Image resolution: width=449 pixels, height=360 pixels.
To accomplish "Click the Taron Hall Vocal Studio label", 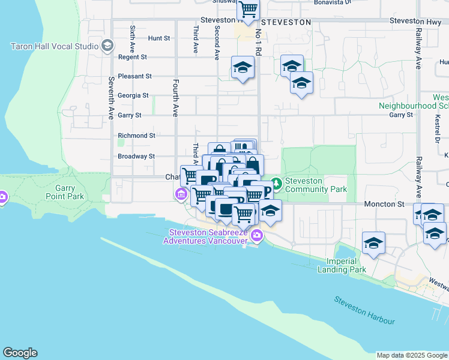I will [x=53, y=46].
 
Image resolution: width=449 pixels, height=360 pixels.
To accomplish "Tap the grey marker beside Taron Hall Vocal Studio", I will [x=107, y=46].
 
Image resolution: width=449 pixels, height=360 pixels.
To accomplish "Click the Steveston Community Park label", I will [x=316, y=185].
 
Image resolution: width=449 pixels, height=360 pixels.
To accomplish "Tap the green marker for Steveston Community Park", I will [x=276, y=182].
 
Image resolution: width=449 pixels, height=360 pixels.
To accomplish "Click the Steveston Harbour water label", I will [x=365, y=310].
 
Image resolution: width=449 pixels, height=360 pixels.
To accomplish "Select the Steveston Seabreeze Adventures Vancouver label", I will [x=208, y=237].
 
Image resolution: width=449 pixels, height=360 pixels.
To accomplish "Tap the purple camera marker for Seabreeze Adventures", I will [x=257, y=235].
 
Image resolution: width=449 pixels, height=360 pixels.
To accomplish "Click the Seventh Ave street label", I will [x=111, y=98].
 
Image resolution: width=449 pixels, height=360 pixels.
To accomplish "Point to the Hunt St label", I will [x=159, y=38].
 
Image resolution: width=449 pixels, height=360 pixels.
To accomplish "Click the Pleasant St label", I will [x=135, y=76].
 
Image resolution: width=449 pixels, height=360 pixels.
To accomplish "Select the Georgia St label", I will [x=133, y=95].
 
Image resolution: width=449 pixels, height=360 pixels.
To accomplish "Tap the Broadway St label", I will [x=136, y=156].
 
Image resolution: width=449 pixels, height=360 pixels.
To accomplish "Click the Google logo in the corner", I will [x=20, y=353].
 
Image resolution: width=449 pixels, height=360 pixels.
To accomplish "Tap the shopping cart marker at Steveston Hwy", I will [x=248, y=10].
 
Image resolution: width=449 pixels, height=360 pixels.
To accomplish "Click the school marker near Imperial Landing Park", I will [x=373, y=244].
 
